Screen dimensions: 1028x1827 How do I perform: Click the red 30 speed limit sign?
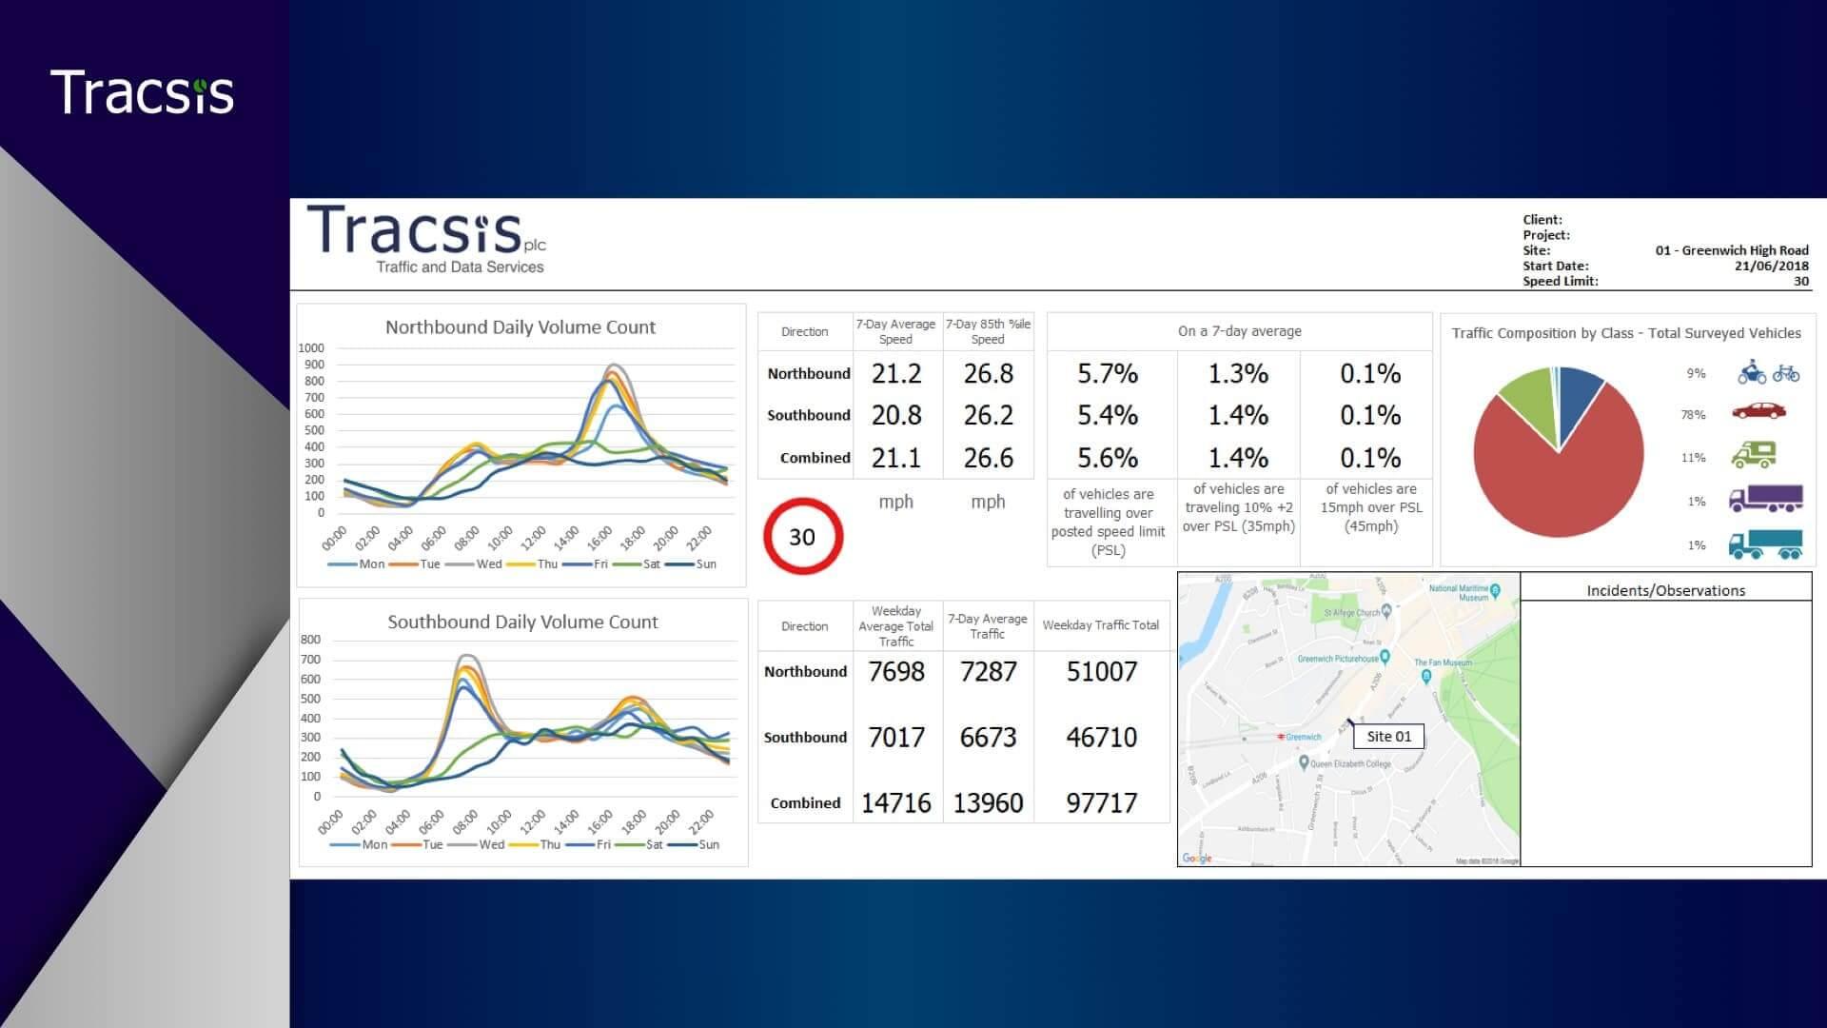pos(802,537)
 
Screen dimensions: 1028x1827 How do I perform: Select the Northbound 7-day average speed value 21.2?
pos(896,373)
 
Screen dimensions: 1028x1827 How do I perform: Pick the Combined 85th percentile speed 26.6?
pos(988,458)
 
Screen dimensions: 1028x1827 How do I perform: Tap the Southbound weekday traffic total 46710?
pos(1101,737)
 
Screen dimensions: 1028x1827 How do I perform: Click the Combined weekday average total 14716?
pos(895,802)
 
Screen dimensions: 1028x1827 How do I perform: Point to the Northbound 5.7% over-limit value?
pos(1108,373)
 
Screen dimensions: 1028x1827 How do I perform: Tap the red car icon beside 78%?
pos(1758,411)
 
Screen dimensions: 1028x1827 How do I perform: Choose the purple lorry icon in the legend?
pos(1765,499)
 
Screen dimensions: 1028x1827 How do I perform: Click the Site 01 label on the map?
pos(1388,736)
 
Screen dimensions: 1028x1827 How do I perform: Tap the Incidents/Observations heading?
pos(1665,590)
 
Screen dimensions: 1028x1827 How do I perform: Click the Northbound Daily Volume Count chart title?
pos(520,326)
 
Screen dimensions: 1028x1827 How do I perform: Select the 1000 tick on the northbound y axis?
pos(311,348)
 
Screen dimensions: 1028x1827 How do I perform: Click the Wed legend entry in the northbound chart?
pos(488,563)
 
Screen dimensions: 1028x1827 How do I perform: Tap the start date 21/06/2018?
pos(1771,266)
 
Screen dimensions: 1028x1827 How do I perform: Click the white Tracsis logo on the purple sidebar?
pos(142,93)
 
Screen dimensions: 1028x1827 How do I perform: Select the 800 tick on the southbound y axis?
pos(310,640)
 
